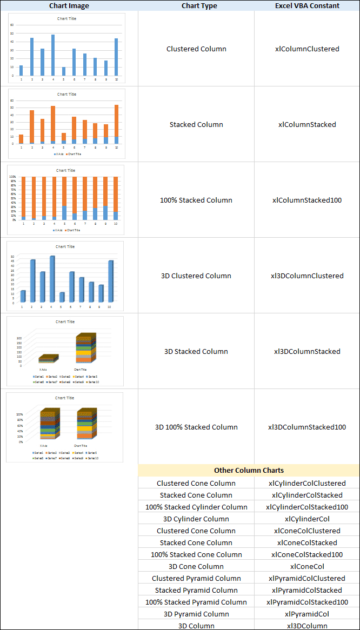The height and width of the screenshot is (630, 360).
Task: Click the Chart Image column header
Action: pyautogui.click(x=69, y=5)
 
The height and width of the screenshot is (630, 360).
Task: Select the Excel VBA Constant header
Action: pyautogui.click(x=307, y=5)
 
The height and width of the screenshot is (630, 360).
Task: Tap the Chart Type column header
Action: pyautogui.click(x=196, y=5)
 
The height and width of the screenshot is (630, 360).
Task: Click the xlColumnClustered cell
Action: pyautogui.click(x=307, y=49)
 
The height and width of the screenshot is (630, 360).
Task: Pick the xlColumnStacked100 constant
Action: pyautogui.click(x=307, y=200)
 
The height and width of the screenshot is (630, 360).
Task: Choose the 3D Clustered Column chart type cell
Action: pyautogui.click(x=196, y=276)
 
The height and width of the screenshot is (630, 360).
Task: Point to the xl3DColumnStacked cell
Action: pyautogui.click(x=307, y=351)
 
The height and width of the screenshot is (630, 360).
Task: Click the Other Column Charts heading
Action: pyautogui.click(x=249, y=470)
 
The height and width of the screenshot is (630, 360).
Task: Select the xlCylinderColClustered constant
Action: pyautogui.click(x=307, y=483)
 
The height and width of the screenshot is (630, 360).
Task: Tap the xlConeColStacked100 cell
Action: pyautogui.click(x=307, y=554)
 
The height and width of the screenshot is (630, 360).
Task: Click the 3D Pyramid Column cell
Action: pyautogui.click(x=196, y=614)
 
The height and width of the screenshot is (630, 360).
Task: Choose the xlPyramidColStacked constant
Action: pyautogui.click(x=307, y=590)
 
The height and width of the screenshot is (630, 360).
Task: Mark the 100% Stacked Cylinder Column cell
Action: pyautogui.click(x=196, y=507)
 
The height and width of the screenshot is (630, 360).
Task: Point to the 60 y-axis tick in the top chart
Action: pyautogui.click(x=12, y=25)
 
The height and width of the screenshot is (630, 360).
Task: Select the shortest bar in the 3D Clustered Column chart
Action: pyautogui.click(x=62, y=297)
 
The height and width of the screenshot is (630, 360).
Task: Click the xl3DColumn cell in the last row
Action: pyautogui.click(x=307, y=626)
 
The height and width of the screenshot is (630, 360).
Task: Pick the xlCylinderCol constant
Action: pyautogui.click(x=307, y=519)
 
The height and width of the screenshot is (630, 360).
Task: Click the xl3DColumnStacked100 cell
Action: pyautogui.click(x=307, y=427)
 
